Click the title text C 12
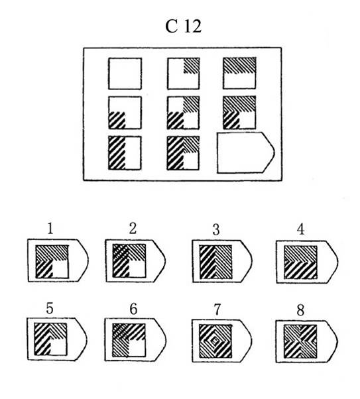click(183, 26)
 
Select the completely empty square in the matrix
click(125, 74)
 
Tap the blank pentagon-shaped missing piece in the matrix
click(246, 152)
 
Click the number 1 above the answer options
click(50, 228)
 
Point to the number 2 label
click(133, 228)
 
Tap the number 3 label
click(216, 229)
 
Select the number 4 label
click(301, 229)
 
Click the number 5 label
click(49, 308)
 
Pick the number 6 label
click(133, 309)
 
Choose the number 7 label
click(217, 310)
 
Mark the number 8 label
click(300, 310)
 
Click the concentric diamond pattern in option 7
click(215, 341)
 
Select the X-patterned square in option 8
click(300, 341)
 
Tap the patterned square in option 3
click(216, 262)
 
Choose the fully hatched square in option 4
click(301, 262)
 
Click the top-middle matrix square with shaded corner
click(183, 74)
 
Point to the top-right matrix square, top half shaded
click(239, 73)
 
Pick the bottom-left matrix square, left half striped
click(125, 153)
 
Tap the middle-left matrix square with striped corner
click(125, 113)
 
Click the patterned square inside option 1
click(52, 262)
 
